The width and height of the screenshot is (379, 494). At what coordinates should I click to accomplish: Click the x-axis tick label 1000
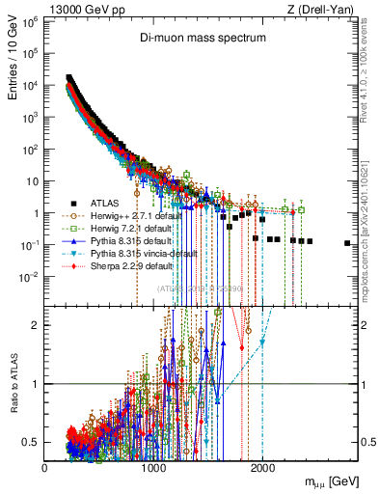pos(153,468)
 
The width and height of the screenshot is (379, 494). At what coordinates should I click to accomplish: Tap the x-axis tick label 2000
pos(262,468)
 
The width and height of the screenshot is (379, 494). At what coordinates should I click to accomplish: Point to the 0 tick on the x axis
pos(45,468)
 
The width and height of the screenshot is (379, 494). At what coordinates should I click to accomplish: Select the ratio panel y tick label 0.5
pos(33,442)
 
